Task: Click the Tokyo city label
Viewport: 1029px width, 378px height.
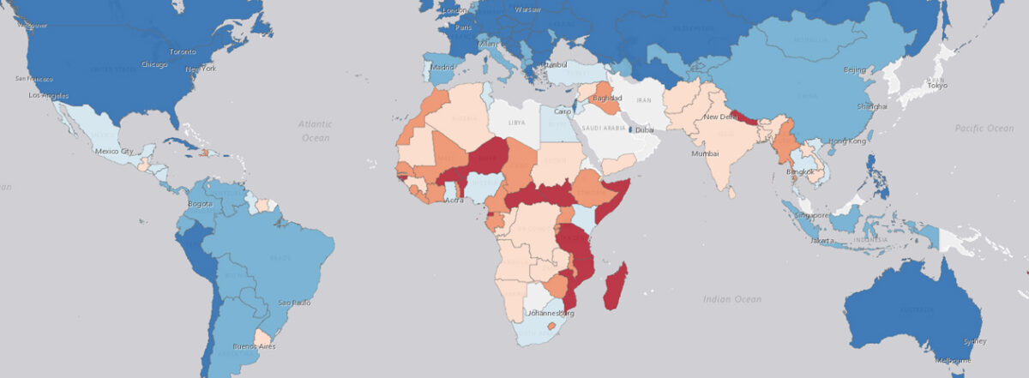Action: tap(936, 86)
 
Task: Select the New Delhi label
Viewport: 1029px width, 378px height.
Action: tap(721, 116)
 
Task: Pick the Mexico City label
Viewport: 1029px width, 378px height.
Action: tap(113, 152)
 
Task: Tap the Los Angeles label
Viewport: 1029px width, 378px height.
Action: tap(48, 95)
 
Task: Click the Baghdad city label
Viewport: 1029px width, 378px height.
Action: tap(606, 99)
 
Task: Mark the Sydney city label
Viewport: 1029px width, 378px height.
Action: tap(970, 340)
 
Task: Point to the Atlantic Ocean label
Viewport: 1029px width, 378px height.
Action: tap(315, 130)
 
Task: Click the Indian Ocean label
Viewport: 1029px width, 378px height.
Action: tap(731, 298)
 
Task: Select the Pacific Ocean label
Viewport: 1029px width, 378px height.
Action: tap(984, 128)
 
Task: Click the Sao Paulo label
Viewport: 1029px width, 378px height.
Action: tap(294, 303)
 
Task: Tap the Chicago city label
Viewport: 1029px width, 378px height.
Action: tap(154, 64)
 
